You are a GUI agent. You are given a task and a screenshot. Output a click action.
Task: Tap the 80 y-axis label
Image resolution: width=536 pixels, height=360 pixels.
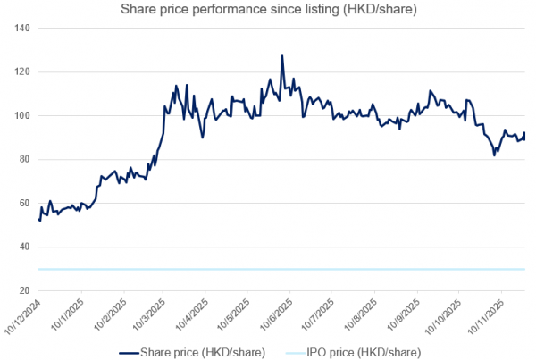25,160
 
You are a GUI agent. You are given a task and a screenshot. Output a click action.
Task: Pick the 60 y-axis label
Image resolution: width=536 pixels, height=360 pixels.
25,204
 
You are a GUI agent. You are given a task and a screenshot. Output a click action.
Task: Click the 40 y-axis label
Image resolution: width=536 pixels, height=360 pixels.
25,247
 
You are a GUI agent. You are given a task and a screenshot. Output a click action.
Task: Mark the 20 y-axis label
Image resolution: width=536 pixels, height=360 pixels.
25,291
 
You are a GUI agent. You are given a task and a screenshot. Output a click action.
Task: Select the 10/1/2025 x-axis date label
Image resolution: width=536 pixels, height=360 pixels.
70,314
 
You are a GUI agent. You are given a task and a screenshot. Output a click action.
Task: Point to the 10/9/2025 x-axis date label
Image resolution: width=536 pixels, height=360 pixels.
396,314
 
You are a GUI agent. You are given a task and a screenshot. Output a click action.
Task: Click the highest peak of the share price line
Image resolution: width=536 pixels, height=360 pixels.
282,55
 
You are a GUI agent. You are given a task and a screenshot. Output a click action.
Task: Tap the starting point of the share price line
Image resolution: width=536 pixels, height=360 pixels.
38,220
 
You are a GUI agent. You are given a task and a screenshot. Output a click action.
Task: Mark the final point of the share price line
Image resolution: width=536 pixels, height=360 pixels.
525,133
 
